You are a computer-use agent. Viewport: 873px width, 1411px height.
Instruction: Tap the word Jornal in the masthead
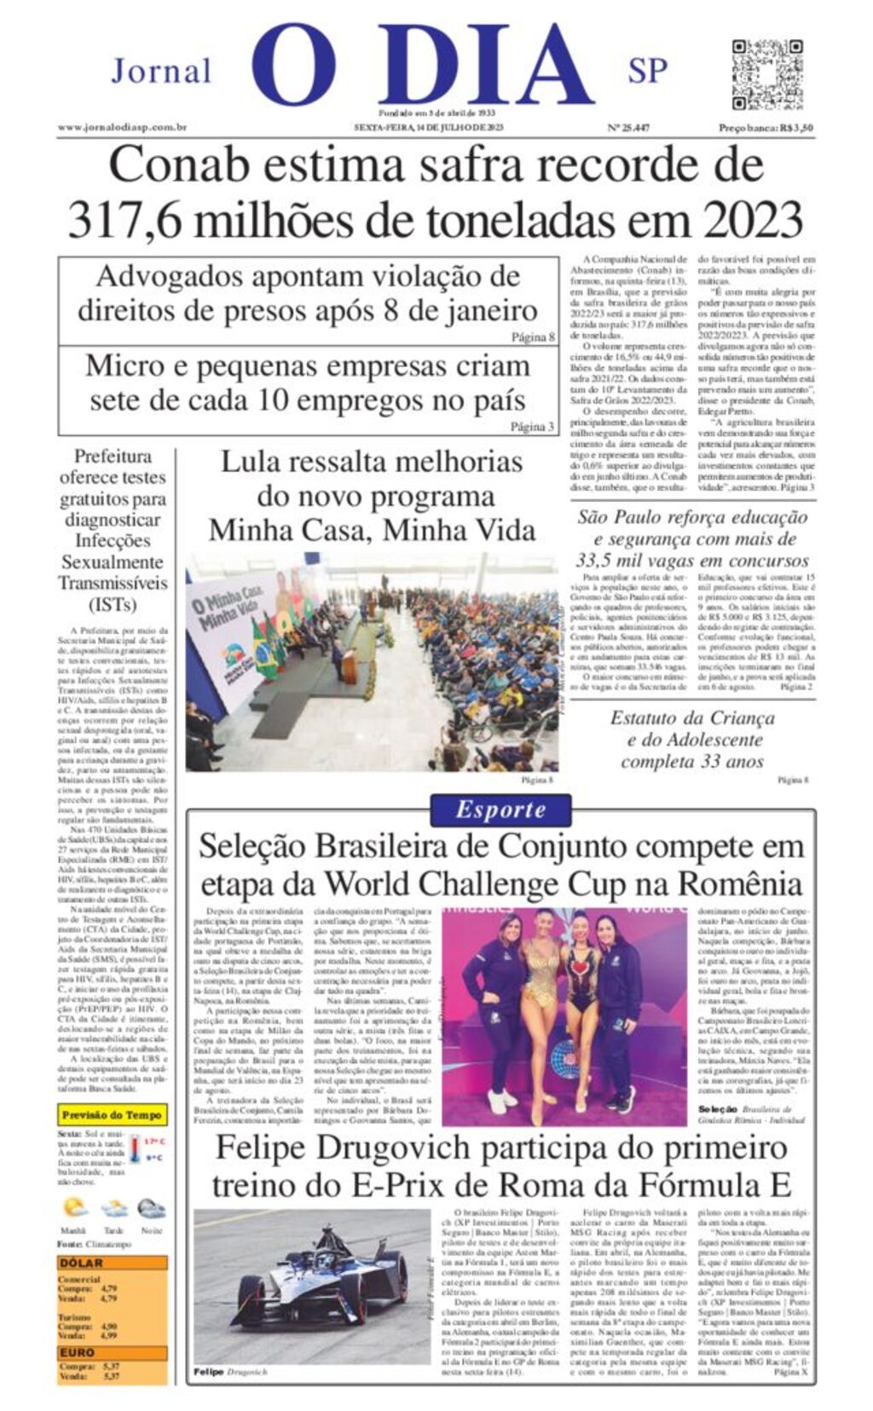pos(161,71)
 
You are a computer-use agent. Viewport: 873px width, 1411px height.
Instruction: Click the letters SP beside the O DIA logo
pos(647,71)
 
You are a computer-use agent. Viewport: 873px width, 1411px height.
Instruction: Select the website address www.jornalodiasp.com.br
pos(122,128)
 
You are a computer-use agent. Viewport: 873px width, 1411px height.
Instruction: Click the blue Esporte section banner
pos(500,809)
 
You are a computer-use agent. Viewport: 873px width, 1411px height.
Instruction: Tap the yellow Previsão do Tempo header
pos(112,1114)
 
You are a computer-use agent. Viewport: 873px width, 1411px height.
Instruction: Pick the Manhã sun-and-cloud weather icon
pos(75,1208)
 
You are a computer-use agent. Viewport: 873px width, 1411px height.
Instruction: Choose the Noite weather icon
pos(151,1208)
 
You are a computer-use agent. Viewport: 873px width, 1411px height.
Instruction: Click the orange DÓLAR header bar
pos(112,1264)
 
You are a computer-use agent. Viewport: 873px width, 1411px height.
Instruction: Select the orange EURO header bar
pos(112,1352)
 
